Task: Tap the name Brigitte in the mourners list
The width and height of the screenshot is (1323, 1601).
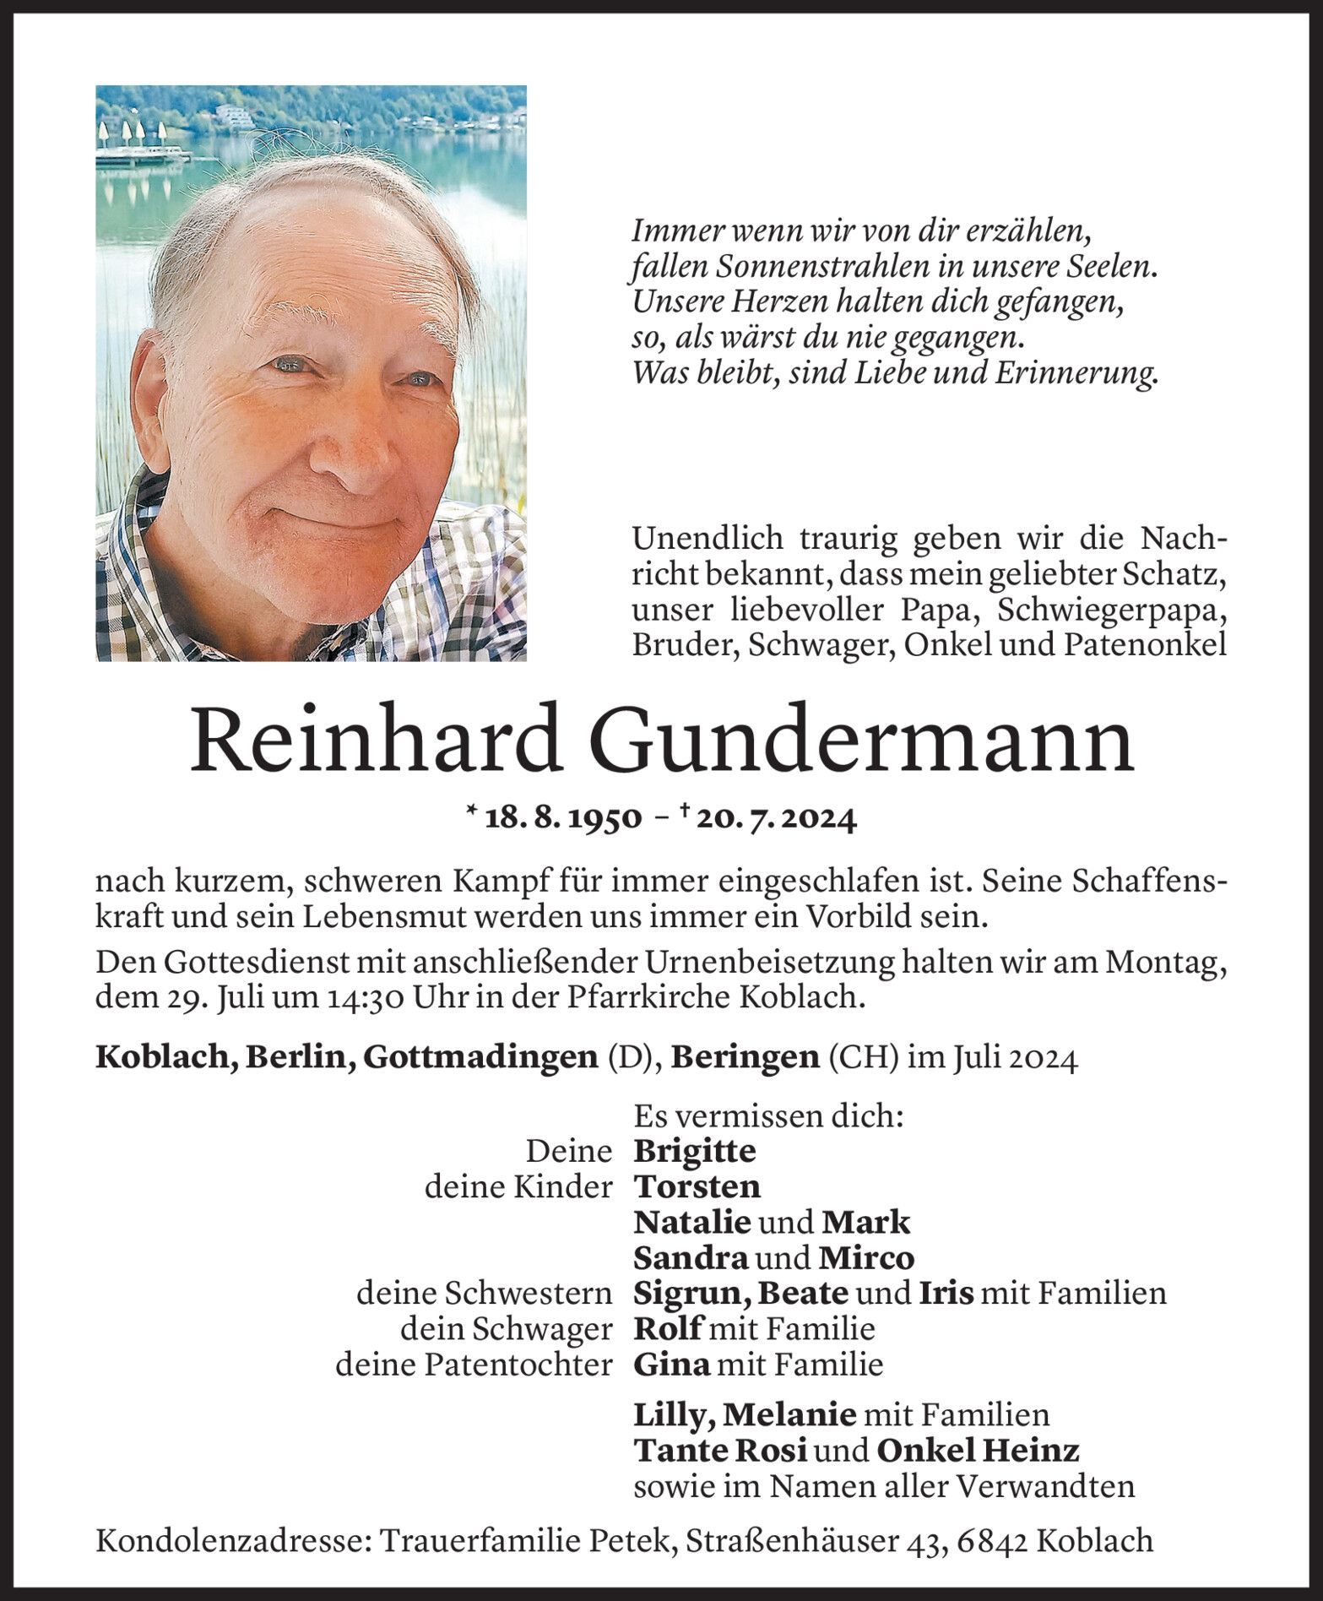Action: [x=695, y=1151]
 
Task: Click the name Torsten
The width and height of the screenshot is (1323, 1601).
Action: [x=697, y=1187]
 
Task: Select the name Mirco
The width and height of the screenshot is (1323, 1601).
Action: [x=866, y=1258]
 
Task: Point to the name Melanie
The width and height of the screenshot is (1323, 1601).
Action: [x=790, y=1414]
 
